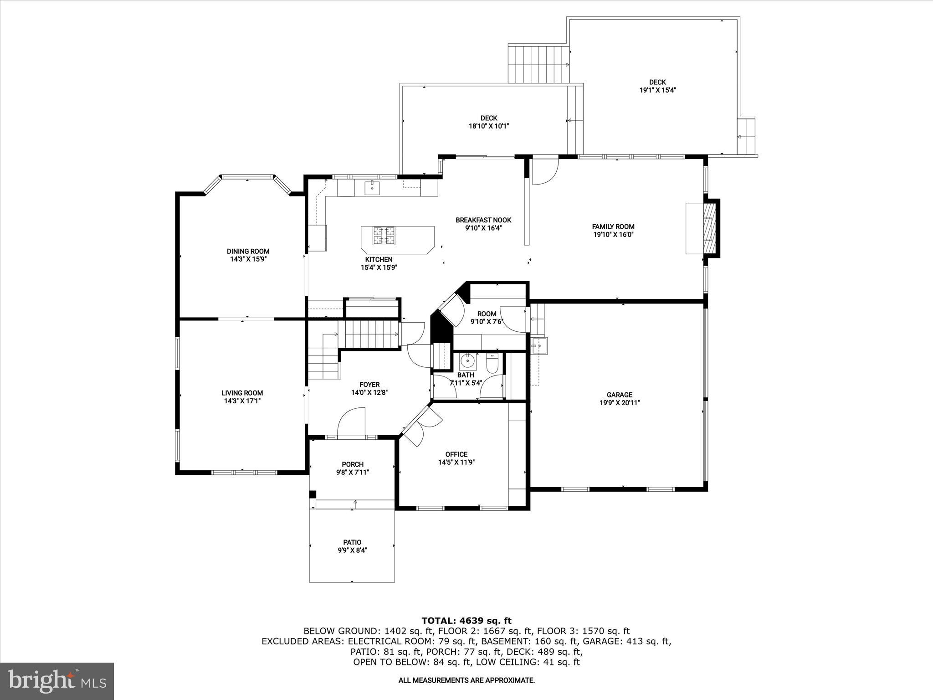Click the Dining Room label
coord(248,251)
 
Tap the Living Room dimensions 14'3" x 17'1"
coord(242,401)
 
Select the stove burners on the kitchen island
coord(384,236)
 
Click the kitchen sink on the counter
coord(372,187)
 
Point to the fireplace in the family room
coord(710,228)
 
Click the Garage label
coord(619,395)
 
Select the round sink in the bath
coord(467,361)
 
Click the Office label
coord(456,454)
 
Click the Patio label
coord(352,542)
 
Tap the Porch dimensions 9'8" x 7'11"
coord(353,473)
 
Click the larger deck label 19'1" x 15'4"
coord(657,90)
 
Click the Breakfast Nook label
coord(483,220)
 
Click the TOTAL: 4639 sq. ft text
coord(466,621)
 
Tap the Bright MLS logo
coord(57,680)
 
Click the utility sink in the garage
coord(539,345)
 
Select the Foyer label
coord(369,385)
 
